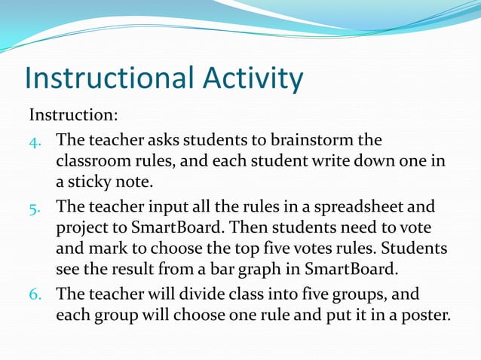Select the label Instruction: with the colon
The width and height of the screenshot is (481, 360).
pyautogui.click(x=74, y=116)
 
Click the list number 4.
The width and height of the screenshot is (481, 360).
pyautogui.click(x=35, y=140)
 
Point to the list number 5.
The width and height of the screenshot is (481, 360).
pyautogui.click(x=35, y=206)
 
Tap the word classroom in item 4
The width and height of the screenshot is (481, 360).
pyautogui.click(x=92, y=161)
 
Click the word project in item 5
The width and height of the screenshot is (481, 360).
pyautogui.click(x=81, y=227)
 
